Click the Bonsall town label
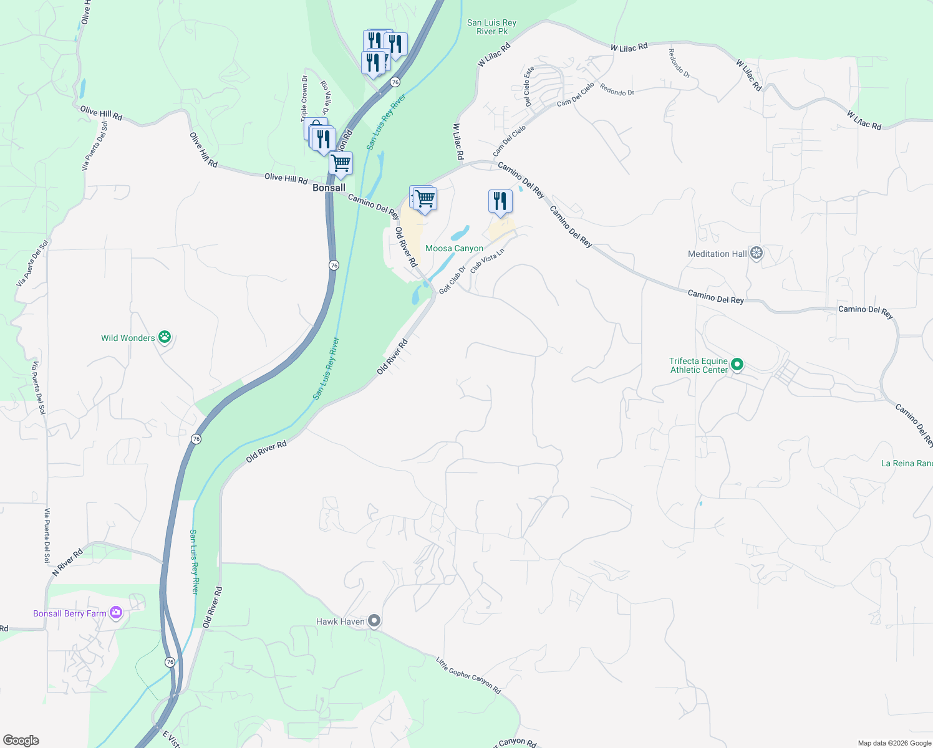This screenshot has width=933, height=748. pos(329,188)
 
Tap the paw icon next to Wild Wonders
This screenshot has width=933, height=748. pos(164,337)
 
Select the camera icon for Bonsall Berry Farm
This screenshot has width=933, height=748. pos(116,613)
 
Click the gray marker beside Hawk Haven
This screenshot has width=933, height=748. pos(374,621)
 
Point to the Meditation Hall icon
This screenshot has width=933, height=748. pos(757,254)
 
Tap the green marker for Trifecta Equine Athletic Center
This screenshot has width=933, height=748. pos(737,365)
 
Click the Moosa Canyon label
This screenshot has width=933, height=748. pos(454,248)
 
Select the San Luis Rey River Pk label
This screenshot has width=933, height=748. pos(491,27)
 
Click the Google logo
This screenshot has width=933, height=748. pos(21,741)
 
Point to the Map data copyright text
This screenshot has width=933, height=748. pos(894,743)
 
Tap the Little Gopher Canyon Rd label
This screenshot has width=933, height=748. pos(468,676)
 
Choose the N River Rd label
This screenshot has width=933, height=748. pos(67,562)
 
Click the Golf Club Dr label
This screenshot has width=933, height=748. pos(452,280)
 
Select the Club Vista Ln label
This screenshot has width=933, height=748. pos(487,261)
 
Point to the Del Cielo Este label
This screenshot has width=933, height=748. pos(528,87)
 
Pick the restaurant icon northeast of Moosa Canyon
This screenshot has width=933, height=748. pos(500,201)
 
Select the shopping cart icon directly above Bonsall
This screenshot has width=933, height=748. pos(341,163)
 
